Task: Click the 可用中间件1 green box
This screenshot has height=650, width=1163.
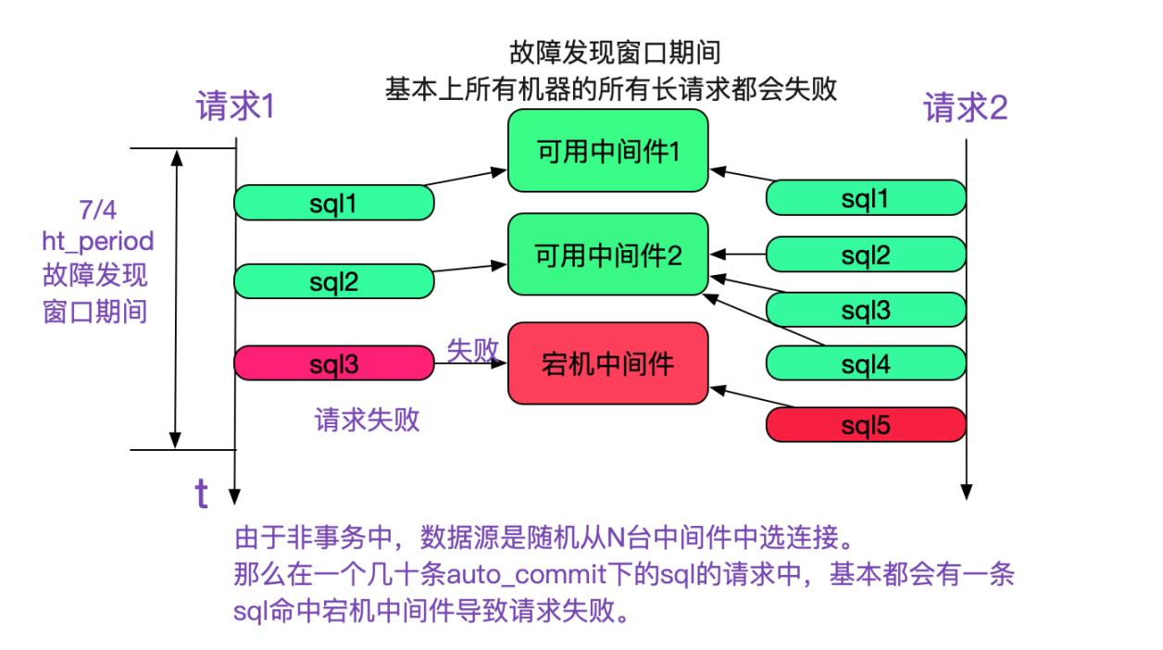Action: click(607, 151)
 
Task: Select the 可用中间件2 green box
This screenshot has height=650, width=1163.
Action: click(607, 255)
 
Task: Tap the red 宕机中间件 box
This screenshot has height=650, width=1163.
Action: click(607, 363)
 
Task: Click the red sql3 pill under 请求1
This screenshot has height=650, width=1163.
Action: click(334, 363)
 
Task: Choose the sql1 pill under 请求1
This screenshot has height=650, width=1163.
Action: click(334, 203)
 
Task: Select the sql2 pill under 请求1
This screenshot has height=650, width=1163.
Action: click(334, 281)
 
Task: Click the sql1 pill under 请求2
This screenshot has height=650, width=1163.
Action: click(866, 198)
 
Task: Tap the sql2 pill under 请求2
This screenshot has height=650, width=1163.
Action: click(866, 254)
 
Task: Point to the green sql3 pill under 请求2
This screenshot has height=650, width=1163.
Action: click(866, 309)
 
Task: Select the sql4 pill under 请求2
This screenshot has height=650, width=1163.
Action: click(866, 365)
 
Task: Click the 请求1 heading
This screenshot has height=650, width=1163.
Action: click(235, 108)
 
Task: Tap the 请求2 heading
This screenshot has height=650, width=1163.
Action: click(966, 109)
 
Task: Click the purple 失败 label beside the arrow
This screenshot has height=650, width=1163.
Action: click(473, 349)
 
